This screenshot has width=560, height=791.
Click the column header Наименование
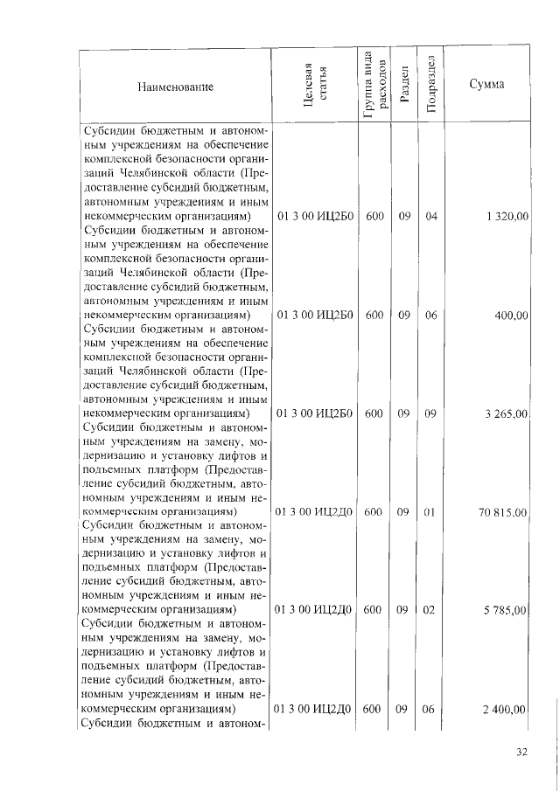click(x=175, y=87)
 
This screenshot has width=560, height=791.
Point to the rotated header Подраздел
click(x=430, y=84)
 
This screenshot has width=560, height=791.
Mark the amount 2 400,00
click(x=505, y=710)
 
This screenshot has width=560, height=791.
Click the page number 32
click(x=522, y=751)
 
